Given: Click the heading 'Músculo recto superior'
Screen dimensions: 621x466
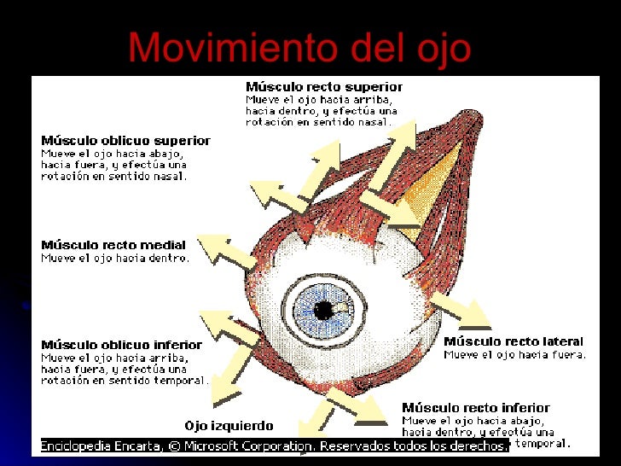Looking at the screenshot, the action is point(324,87).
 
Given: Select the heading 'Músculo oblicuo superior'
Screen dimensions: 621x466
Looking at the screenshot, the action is point(125,141).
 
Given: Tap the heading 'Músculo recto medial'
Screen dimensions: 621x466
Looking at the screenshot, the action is point(113,246).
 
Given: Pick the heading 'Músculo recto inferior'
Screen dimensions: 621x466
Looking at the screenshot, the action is point(476,408).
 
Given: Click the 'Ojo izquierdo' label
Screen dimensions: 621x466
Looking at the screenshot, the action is point(229,426).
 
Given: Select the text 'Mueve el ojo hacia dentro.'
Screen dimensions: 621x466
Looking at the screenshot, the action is point(115,258).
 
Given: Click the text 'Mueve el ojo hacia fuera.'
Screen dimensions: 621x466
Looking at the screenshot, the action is point(514,354).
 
